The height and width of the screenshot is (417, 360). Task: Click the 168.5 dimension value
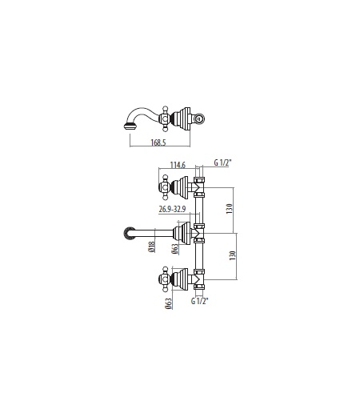pos(158,142)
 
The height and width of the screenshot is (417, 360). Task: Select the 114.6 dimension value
pos(178,165)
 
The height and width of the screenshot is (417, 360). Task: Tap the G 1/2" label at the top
pos(222,162)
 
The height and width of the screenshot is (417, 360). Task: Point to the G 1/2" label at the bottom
pos(199,301)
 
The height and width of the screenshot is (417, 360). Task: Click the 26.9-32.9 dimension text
pos(172,209)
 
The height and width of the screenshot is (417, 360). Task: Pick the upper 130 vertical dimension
pos(230,208)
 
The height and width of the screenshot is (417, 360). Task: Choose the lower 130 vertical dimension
pos(233,255)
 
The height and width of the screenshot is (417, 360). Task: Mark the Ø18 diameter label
pos(151,247)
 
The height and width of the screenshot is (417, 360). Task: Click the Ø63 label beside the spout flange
pos(175,249)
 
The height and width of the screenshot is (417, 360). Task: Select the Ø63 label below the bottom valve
pos(169,303)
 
